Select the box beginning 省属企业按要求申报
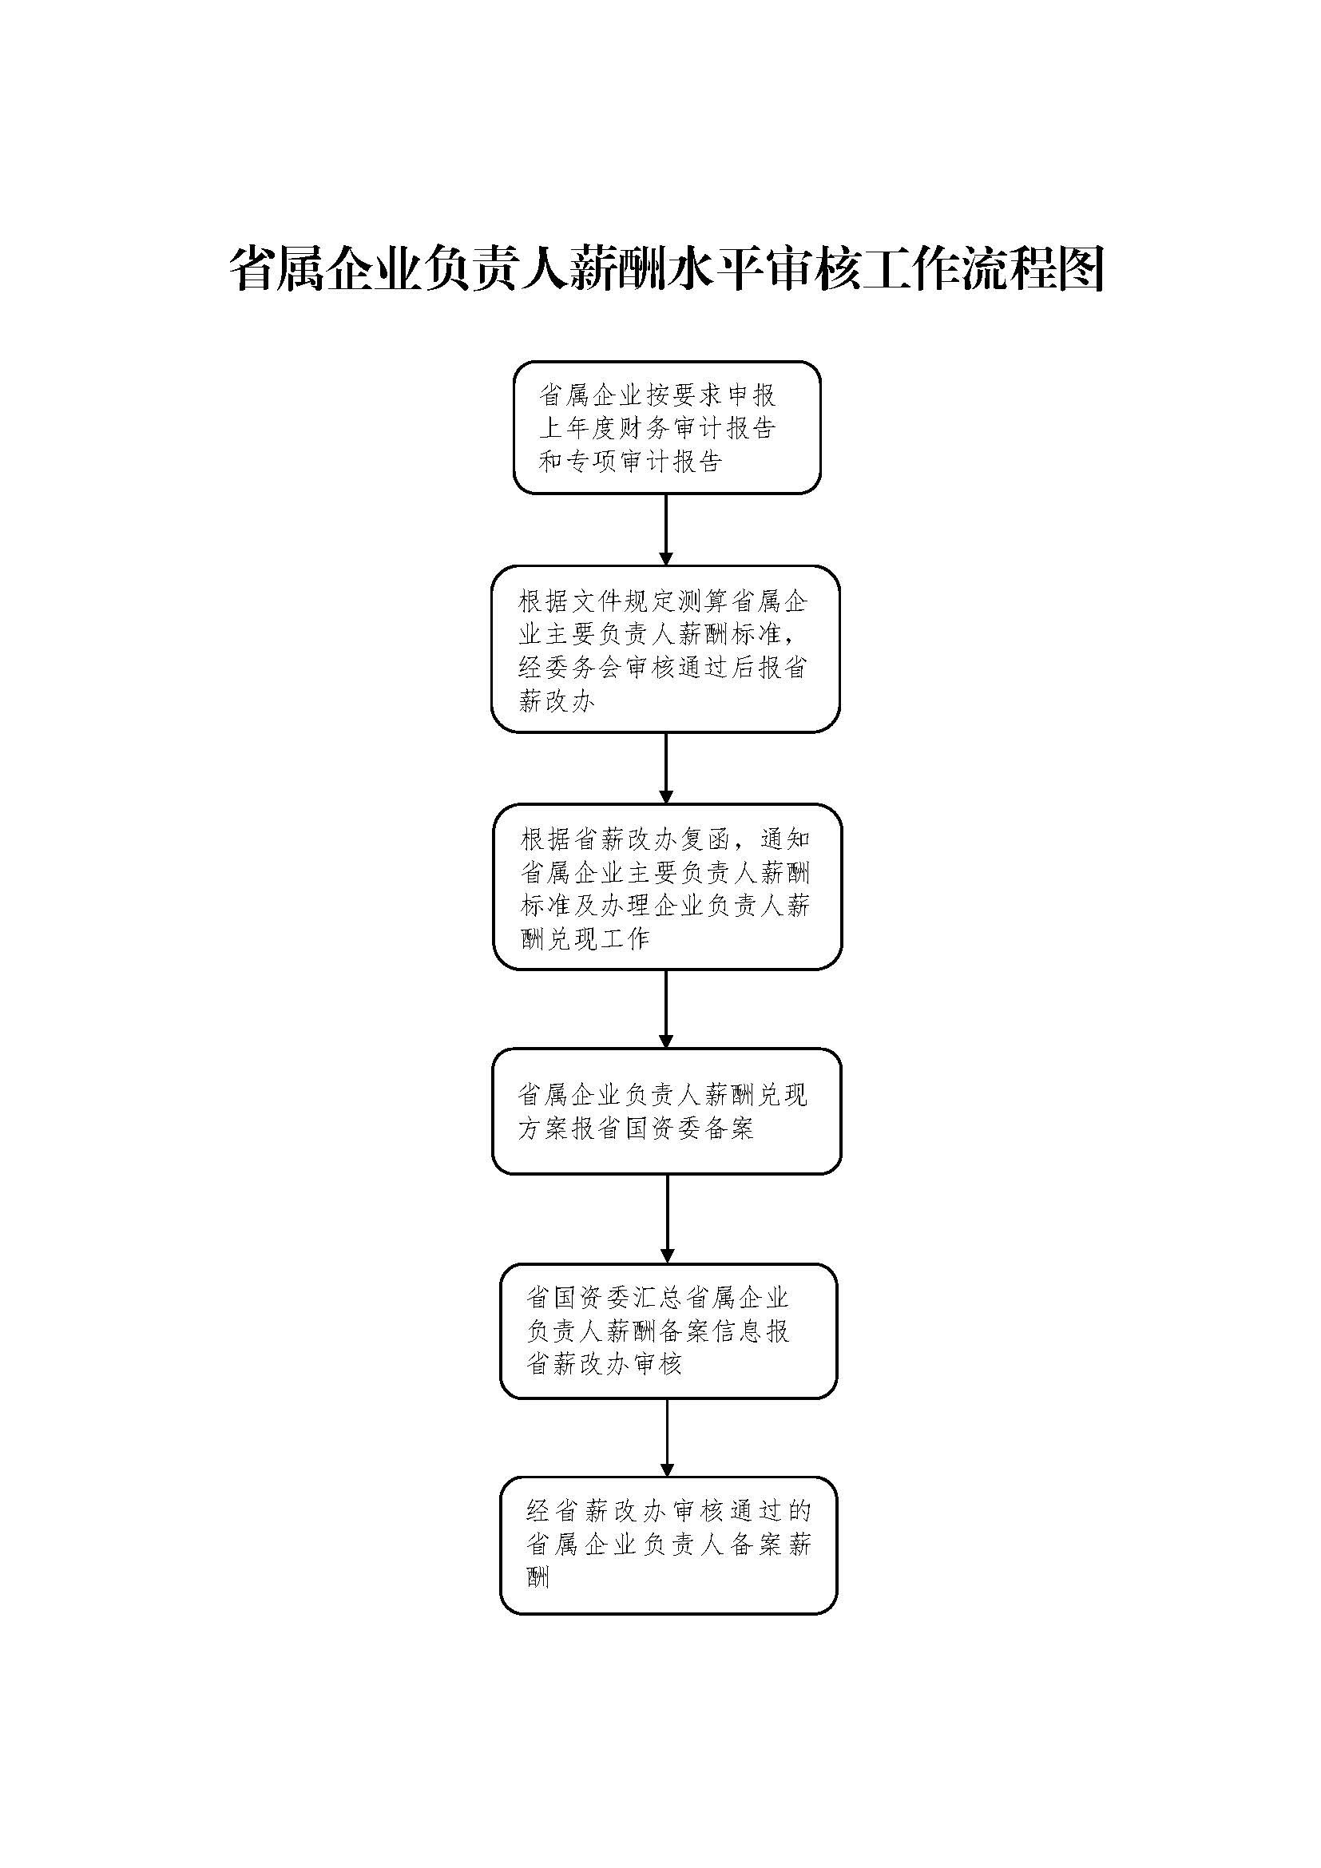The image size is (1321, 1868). coord(666,428)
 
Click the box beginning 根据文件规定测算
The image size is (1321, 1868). coord(664,649)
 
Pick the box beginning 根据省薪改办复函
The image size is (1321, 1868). coord(667,886)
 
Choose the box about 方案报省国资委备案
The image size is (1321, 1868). coord(666,1112)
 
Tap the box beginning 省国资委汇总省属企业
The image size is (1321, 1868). coord(668,1331)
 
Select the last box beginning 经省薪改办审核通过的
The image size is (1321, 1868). coord(668,1545)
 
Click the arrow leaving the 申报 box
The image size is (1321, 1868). coord(666,529)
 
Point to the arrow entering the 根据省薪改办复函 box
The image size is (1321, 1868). coord(666,768)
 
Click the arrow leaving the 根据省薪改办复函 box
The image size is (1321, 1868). coord(666,1009)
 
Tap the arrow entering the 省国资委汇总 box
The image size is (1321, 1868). coord(667,1218)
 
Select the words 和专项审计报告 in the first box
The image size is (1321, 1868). coord(630,462)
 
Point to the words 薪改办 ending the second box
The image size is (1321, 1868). coord(557,700)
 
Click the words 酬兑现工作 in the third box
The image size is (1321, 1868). coord(585,939)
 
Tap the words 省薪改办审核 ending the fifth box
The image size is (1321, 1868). coord(605,1364)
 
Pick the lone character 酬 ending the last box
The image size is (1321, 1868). coord(538,1578)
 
